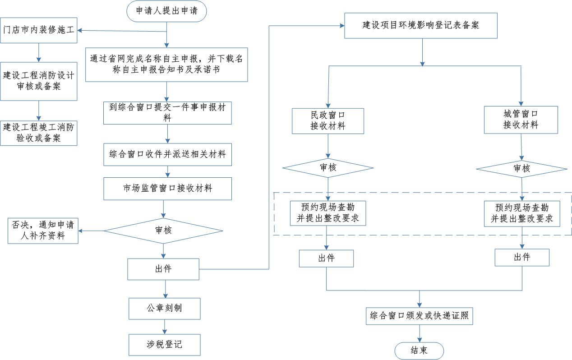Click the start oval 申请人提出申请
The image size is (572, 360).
[166, 11]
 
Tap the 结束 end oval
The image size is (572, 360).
[419, 351]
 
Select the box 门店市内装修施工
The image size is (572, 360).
[38, 30]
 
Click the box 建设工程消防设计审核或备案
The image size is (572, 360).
[38, 81]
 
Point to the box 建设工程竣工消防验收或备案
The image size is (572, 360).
[38, 133]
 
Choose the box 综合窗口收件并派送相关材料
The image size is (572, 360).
[167, 154]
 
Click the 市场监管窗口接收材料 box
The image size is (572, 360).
[167, 189]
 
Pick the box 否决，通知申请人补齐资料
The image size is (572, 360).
[43, 231]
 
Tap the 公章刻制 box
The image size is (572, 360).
[165, 309]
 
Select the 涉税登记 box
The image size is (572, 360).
[165, 345]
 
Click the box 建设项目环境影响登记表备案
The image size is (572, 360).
[421, 26]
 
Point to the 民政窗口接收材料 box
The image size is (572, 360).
[328, 121]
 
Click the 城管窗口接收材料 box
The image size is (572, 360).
[521, 120]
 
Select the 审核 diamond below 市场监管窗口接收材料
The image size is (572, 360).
[163, 231]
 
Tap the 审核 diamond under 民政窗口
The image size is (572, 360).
[328, 168]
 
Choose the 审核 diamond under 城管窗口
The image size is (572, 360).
[521, 169]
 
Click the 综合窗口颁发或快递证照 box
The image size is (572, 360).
[419, 316]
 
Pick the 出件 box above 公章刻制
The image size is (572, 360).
[163, 269]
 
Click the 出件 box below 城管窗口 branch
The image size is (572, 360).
[522, 257]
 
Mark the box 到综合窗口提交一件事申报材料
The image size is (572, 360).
[167, 113]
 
